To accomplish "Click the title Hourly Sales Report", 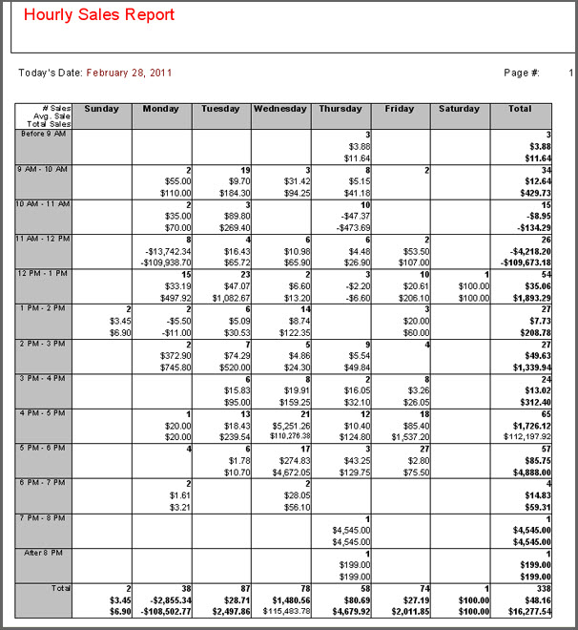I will [99, 15].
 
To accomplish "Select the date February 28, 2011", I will [129, 73].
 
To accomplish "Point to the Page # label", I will [522, 73].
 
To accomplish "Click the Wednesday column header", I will [279, 109].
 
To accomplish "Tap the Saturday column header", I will [459, 109].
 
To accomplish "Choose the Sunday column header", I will [102, 109].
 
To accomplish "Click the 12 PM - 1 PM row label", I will [44, 274].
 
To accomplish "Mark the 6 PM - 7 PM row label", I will [44, 483].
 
